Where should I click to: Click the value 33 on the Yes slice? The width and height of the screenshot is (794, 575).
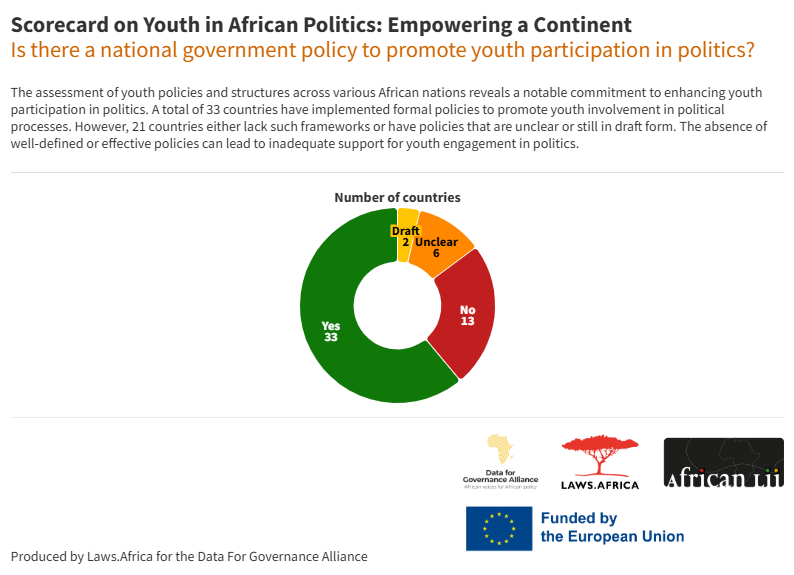point(331,338)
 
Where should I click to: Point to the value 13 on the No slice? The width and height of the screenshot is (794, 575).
point(467,321)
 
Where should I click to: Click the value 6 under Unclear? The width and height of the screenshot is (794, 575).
point(436,253)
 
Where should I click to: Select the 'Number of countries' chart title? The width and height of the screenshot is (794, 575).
point(397,197)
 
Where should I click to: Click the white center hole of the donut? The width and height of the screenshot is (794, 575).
point(397,305)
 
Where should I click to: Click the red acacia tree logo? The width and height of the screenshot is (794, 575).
point(600,456)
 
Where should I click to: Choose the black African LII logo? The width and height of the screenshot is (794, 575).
point(723,463)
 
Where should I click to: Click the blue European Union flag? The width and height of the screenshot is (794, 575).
point(498,528)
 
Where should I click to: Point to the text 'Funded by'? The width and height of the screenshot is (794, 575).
point(579,518)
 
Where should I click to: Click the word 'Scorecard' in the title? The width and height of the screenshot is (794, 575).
point(58,24)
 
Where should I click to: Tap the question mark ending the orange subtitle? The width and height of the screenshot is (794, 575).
point(749,49)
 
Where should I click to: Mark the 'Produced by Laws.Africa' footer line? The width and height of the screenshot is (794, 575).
point(189,556)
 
